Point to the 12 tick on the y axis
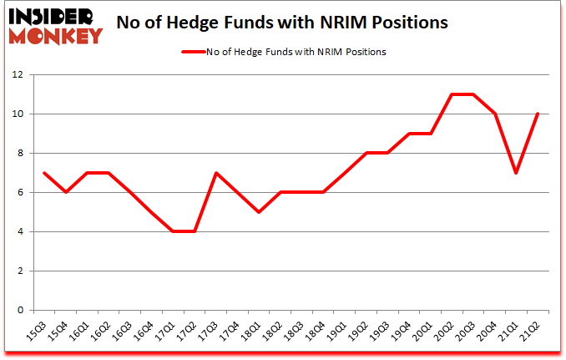[x=18, y=74]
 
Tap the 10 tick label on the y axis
[x=18, y=114]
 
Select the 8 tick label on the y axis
[x=21, y=153]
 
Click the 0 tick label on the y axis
[x=21, y=310]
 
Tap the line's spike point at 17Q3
[x=216, y=173]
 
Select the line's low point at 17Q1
[x=173, y=231]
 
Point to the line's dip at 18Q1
[x=260, y=212]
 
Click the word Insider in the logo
[x=54, y=16]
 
